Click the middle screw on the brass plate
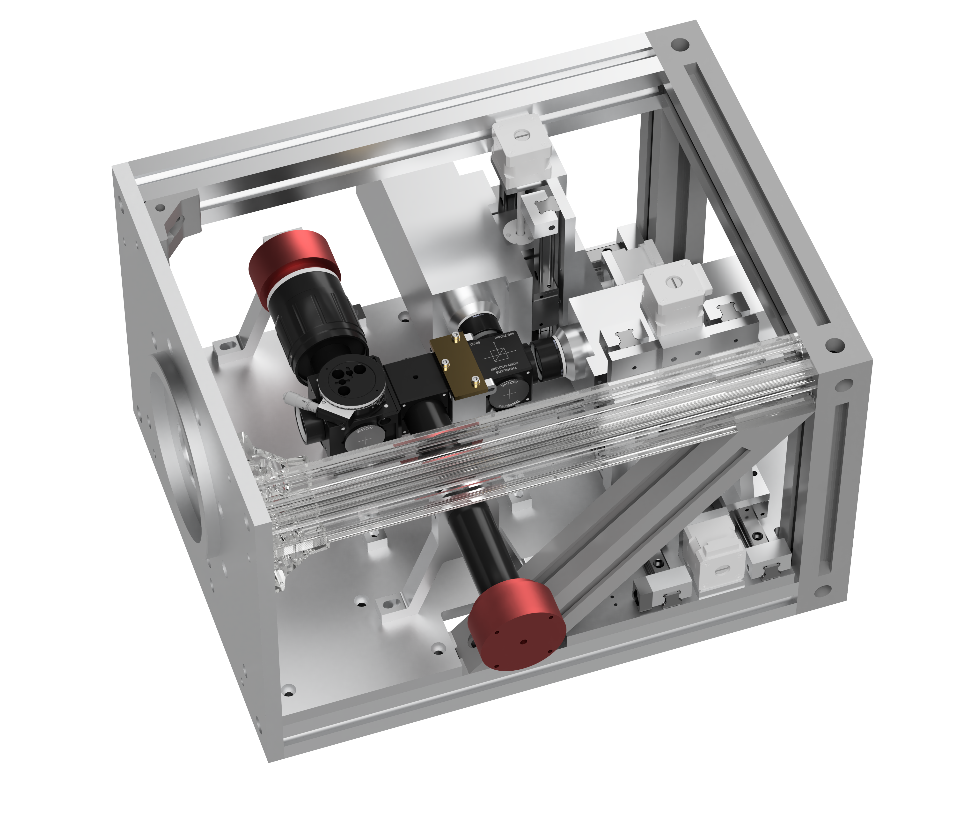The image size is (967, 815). click(x=446, y=364)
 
